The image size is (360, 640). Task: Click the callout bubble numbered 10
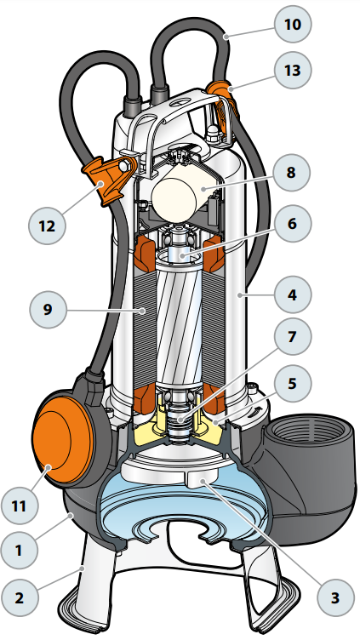point(293,24)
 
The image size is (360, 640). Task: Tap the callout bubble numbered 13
point(293,70)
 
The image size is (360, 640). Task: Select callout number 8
point(291,172)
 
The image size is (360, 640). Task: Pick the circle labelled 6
point(292,224)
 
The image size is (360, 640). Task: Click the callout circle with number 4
point(293,294)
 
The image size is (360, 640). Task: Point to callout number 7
point(292,337)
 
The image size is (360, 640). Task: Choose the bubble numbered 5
point(293,384)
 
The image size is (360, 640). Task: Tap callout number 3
point(335,597)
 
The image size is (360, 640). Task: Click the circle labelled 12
point(48,226)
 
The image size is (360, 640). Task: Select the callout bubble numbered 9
point(48,310)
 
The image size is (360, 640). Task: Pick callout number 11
point(20,506)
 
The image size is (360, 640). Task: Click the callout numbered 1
point(20,551)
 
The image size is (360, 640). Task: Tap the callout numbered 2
point(20,597)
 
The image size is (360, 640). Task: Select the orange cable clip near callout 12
point(107,180)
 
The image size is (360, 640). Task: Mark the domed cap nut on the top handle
point(212,134)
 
